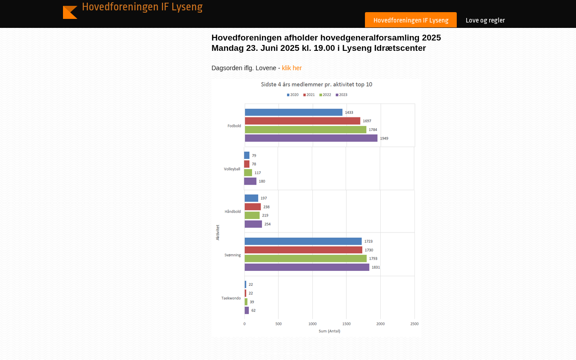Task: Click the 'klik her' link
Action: [x=292, y=68]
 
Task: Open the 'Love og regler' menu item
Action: [x=485, y=20]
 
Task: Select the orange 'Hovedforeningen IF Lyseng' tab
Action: [x=411, y=20]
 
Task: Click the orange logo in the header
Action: [x=70, y=12]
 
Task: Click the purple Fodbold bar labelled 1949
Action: [x=311, y=138]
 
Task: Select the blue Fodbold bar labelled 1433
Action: [x=293, y=112]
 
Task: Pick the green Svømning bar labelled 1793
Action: [x=306, y=258]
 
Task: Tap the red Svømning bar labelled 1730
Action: [x=303, y=250]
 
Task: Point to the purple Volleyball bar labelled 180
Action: [x=250, y=181]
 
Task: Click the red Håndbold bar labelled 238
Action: [x=252, y=207]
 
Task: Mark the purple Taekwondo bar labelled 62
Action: [x=247, y=310]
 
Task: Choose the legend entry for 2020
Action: [x=292, y=94]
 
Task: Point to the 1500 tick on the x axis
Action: [x=346, y=324]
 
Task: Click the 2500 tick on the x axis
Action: [x=414, y=324]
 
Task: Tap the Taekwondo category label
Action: [x=231, y=298]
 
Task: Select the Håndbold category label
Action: [x=233, y=211]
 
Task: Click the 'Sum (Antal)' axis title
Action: [x=329, y=331]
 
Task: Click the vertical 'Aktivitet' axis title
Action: [x=218, y=232]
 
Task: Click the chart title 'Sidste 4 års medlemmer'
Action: [x=317, y=84]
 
